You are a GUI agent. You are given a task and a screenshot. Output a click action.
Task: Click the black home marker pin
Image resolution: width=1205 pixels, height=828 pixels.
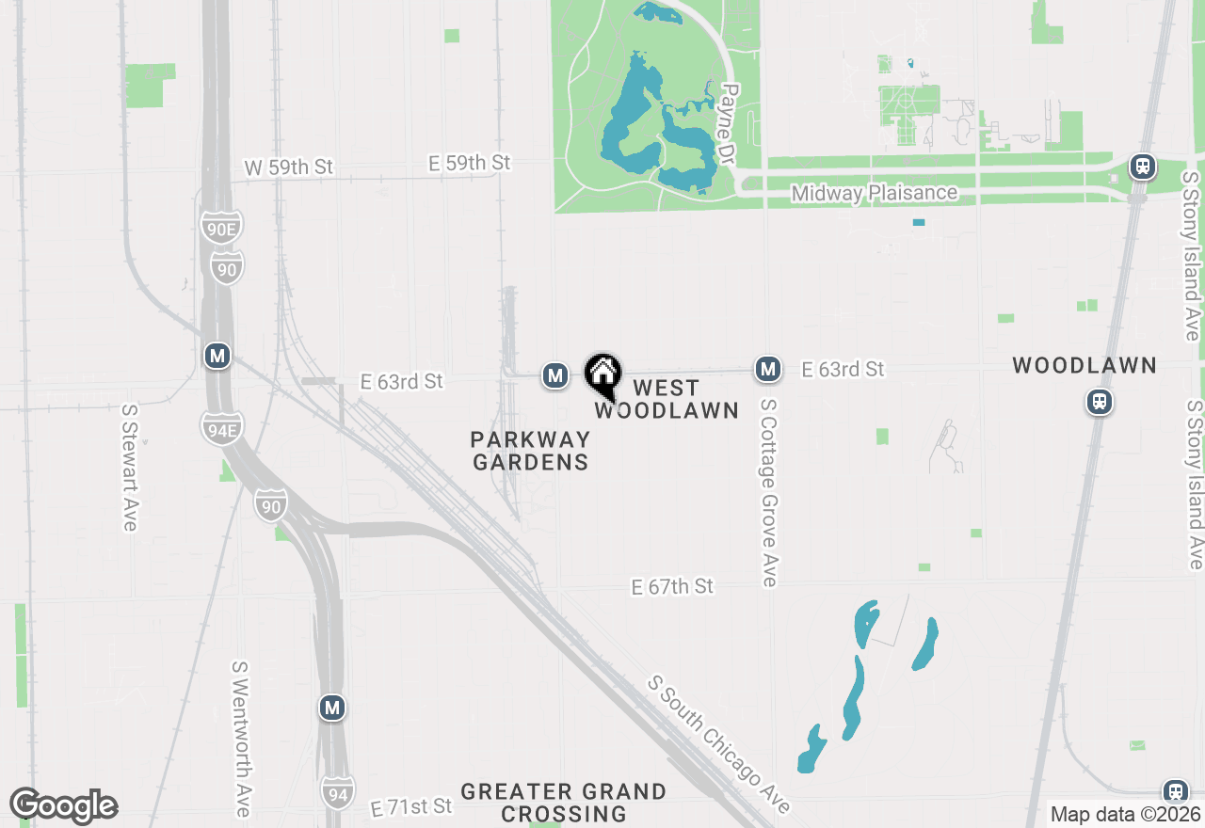603,374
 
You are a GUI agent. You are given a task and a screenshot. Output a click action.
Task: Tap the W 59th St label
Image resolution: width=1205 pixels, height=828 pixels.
289,167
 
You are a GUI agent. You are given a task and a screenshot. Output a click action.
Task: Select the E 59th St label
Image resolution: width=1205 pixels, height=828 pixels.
470,163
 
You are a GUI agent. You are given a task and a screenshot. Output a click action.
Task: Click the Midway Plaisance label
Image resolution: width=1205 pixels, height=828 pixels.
875,193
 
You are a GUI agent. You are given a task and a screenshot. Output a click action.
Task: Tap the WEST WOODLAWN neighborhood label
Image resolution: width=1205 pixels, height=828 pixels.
667,399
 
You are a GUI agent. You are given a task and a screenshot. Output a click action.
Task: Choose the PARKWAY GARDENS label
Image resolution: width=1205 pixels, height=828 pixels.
531,451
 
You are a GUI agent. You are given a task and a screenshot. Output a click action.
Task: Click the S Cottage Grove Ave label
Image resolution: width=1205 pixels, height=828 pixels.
769,492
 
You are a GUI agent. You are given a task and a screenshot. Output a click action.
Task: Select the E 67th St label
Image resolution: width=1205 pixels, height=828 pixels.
673,586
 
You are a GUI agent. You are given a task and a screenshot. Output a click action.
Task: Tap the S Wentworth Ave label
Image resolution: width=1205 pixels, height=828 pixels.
242,739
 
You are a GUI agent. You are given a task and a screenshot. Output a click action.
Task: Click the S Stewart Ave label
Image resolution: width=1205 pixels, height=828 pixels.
130,468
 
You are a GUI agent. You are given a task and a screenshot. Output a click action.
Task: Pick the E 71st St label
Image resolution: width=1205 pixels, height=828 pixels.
411,807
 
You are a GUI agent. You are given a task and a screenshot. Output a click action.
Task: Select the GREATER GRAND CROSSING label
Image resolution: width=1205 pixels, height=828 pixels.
564,803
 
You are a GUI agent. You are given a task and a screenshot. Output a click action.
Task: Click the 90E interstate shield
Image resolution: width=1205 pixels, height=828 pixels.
221,227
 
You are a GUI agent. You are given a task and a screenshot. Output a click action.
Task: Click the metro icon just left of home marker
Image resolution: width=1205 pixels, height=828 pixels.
555,375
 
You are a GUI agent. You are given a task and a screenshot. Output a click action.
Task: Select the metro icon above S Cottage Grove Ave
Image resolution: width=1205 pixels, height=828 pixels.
768,369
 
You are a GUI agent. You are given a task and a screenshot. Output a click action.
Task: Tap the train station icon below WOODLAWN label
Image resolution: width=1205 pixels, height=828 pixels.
1099,402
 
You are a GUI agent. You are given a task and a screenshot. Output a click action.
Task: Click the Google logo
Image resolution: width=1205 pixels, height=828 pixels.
63,805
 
